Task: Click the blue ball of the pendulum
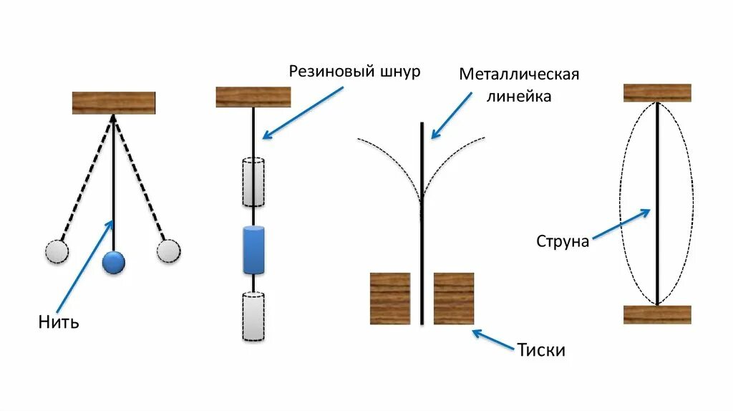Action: [x=113, y=262]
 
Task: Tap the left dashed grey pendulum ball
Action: [x=57, y=251]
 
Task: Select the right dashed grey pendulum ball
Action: [x=168, y=251]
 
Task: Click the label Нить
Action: [x=59, y=322]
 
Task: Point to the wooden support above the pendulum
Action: [x=114, y=103]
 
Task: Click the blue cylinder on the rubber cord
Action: [x=253, y=250]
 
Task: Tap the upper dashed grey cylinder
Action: [x=253, y=181]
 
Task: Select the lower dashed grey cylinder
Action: [x=253, y=316]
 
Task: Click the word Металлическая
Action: [x=518, y=74]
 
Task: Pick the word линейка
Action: [x=519, y=96]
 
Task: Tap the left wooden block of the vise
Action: [x=389, y=298]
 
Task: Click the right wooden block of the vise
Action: [x=454, y=298]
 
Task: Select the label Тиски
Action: [x=542, y=350]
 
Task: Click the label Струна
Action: [x=563, y=241]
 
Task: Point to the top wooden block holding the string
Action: [x=657, y=93]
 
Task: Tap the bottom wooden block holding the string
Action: [x=657, y=314]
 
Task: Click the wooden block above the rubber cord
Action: [x=253, y=97]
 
